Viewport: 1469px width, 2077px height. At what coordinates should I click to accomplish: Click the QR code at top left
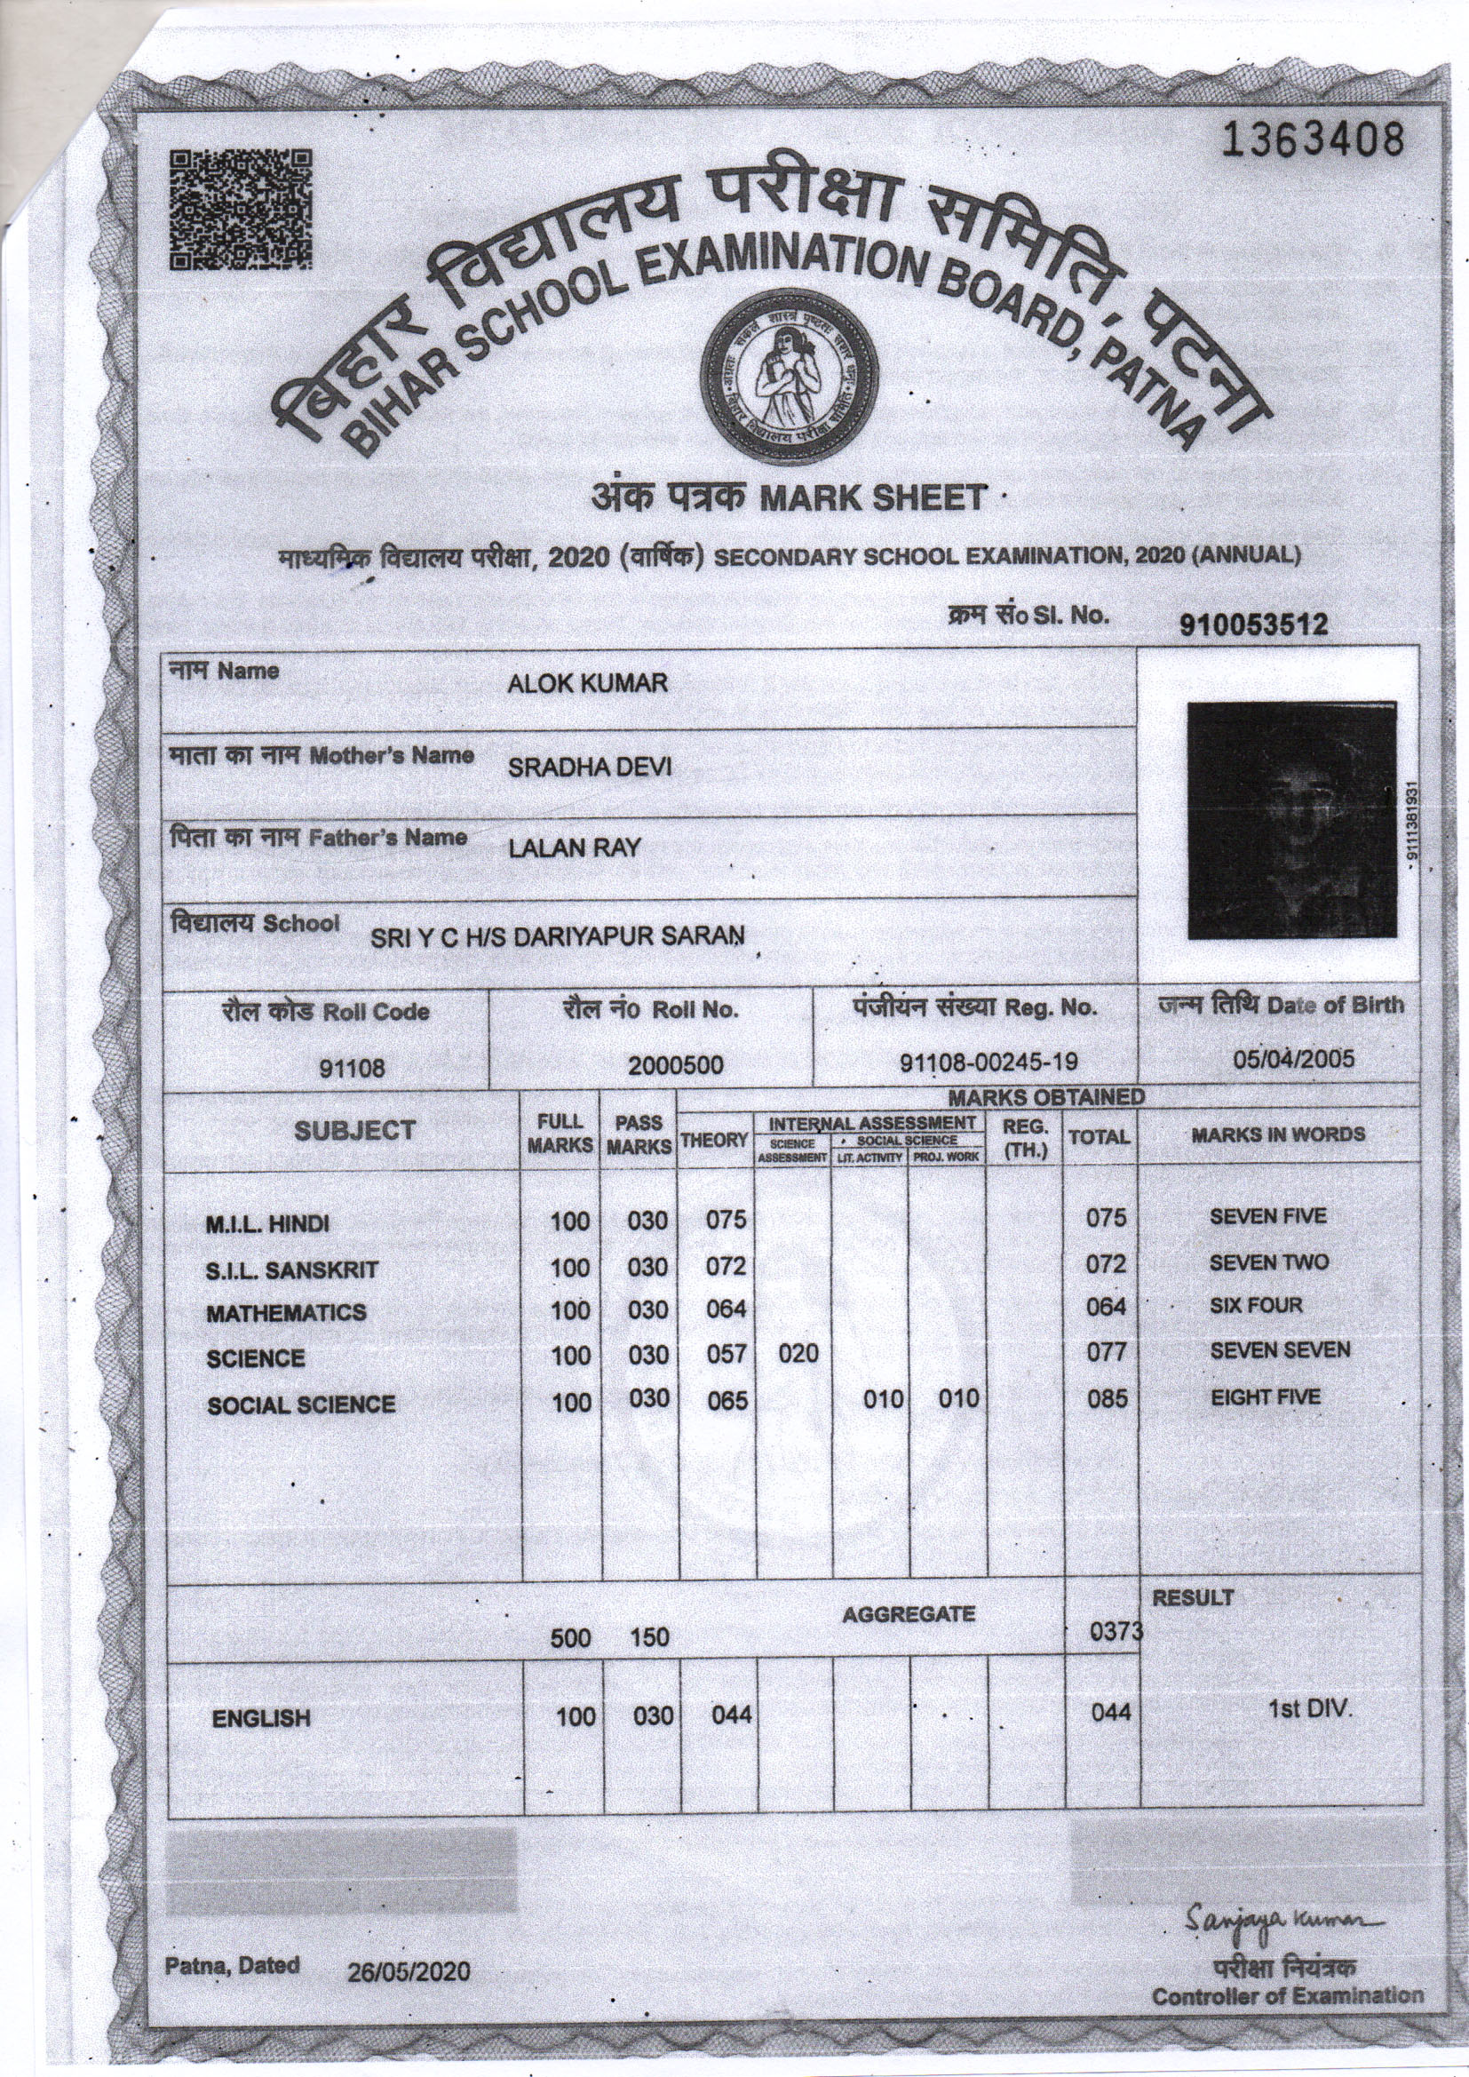242,209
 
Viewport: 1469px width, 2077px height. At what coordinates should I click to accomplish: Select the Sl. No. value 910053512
1254,625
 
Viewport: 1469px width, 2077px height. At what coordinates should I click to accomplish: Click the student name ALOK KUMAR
587,684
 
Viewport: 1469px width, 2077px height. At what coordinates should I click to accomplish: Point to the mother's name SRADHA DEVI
589,768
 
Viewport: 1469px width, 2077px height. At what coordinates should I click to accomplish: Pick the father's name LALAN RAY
574,848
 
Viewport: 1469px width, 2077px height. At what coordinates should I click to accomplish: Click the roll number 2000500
676,1066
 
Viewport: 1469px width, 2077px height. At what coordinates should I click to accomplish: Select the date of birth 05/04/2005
1294,1058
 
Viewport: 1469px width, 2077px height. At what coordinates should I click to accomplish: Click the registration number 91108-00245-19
989,1062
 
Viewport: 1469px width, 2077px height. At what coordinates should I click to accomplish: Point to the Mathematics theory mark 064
726,1309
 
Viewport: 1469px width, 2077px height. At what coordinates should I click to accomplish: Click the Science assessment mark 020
798,1353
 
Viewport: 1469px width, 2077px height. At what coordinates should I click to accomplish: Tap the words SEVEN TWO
1268,1262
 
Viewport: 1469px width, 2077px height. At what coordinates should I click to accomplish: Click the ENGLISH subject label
260,1719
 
